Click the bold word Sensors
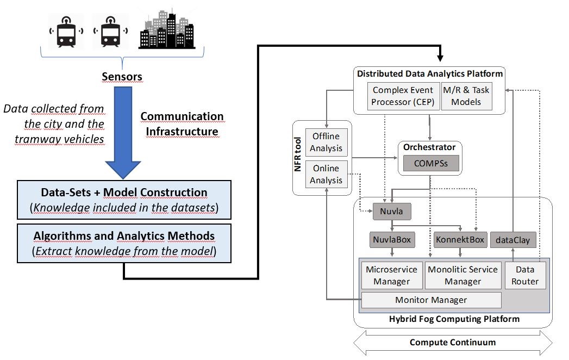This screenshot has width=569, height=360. (122, 77)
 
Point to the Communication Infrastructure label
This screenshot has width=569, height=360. (182, 124)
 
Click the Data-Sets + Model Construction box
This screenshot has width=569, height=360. (124, 199)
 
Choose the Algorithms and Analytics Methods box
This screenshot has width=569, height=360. (124, 243)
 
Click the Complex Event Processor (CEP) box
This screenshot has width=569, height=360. (403, 96)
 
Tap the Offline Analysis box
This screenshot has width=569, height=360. (326, 142)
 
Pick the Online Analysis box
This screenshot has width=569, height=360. (326, 174)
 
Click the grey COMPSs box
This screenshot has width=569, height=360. (430, 163)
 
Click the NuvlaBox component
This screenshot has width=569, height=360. (392, 239)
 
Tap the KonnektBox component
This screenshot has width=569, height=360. (460, 239)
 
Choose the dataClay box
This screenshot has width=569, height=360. (513, 239)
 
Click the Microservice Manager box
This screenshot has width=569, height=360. (391, 275)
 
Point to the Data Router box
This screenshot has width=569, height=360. (524, 275)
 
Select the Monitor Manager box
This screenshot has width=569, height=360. (431, 300)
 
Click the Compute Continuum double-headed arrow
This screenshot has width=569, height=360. (453, 343)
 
